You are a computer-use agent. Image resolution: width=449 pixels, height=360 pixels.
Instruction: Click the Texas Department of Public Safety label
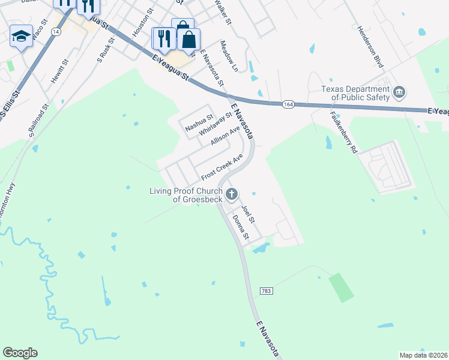click(x=354, y=93)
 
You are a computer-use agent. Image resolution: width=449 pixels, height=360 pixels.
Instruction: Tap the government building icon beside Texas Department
click(x=399, y=93)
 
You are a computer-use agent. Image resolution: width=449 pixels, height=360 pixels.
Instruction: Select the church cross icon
click(x=232, y=194)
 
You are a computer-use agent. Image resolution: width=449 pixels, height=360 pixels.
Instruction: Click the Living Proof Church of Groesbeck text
click(x=186, y=195)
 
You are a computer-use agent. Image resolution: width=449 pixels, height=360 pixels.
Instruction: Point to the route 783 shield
click(x=267, y=291)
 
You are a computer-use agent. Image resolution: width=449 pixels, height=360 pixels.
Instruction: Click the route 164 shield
click(x=288, y=104)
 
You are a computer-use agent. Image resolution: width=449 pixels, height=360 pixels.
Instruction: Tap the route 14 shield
click(x=55, y=33)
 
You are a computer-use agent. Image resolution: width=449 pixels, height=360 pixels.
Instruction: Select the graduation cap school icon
click(x=21, y=37)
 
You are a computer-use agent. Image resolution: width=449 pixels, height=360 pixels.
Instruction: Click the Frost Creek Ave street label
click(x=222, y=167)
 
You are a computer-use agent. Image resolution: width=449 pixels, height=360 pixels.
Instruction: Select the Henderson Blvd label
click(x=370, y=46)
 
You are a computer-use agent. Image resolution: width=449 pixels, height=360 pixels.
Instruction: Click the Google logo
click(x=20, y=353)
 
